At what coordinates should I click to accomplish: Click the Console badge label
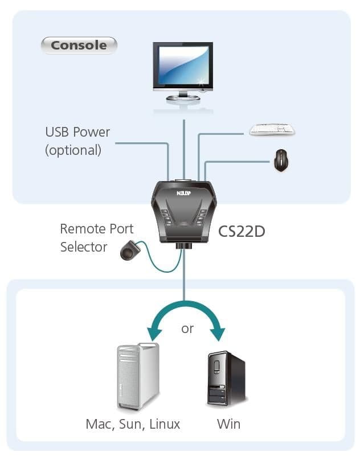click(79, 45)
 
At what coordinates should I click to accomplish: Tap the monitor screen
click(183, 65)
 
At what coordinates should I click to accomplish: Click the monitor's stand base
click(183, 98)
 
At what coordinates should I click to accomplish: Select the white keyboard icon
click(272, 129)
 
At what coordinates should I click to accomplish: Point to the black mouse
click(281, 160)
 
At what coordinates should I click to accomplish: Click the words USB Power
click(77, 132)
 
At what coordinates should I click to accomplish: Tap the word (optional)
click(73, 150)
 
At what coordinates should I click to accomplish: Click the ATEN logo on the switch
click(184, 193)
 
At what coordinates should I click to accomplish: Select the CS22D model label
click(242, 232)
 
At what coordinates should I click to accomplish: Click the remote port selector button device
click(130, 250)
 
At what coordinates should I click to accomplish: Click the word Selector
click(84, 247)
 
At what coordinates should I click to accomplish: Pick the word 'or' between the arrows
click(187, 329)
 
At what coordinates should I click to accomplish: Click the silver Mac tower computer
click(138, 376)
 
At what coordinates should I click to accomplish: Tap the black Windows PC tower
click(227, 378)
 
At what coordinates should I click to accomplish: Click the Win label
click(229, 424)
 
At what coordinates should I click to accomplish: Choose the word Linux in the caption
click(165, 424)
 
